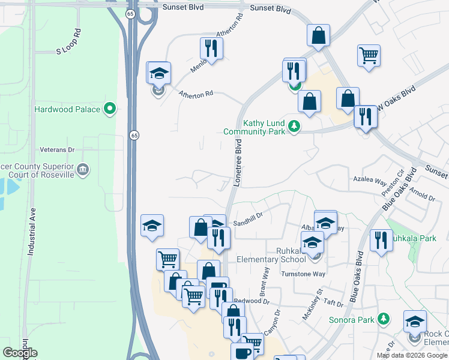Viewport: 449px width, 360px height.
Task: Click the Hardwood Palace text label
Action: tap(67, 109)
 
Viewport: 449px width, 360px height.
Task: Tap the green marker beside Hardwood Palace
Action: tap(109, 109)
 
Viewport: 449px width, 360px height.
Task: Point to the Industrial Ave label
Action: tap(32, 232)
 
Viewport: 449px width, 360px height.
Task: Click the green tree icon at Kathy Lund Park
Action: tap(294, 126)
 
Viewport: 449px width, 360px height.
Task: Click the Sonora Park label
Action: tap(351, 319)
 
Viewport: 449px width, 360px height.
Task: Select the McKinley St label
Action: tap(313, 307)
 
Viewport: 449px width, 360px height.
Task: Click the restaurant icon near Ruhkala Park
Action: tap(381, 241)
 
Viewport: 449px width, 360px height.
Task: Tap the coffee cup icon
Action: tap(243, 353)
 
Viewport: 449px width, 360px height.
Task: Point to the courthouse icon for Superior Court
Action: tap(83, 169)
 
